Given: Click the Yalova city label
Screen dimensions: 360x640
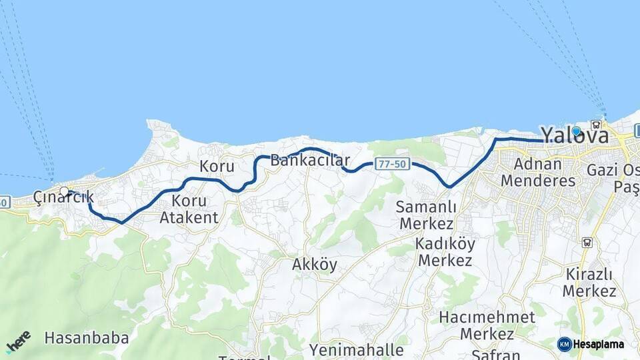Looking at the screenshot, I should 574,136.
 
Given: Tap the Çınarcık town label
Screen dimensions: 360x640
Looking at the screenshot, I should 63,197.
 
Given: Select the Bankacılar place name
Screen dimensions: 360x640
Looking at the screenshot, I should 310,161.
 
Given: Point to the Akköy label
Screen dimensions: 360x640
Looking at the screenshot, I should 314,265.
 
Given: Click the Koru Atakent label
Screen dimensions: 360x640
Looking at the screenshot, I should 189,209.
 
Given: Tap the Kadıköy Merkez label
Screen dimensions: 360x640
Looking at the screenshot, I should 444,251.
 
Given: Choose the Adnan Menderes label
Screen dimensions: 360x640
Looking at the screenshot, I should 537,172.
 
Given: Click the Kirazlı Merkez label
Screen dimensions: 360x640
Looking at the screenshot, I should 589,282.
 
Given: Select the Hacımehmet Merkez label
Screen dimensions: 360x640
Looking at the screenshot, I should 487,325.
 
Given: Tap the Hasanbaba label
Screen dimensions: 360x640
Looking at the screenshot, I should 87,338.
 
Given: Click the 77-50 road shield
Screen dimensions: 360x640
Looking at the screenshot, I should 391,164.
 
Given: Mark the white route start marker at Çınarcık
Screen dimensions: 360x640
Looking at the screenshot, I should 64,191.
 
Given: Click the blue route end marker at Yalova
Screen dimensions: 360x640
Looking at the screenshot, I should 576,131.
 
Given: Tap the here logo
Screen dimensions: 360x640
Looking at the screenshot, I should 18,342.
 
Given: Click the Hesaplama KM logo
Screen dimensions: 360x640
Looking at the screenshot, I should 591,344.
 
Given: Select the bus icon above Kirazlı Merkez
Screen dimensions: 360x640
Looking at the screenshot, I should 587,242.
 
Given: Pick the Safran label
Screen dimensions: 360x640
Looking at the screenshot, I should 495,354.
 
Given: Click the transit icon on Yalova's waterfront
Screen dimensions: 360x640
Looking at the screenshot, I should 596,124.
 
